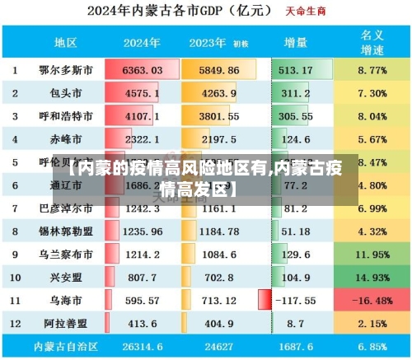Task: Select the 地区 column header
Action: click(x=66, y=42)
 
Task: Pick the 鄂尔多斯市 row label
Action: click(x=66, y=71)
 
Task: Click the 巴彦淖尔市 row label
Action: click(x=66, y=209)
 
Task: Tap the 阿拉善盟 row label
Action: click(x=66, y=325)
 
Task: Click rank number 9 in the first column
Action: click(x=14, y=255)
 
